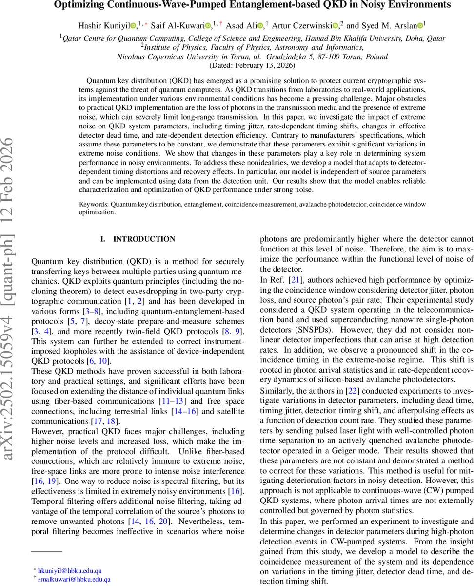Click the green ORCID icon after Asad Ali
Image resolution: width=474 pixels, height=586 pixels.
click(260, 24)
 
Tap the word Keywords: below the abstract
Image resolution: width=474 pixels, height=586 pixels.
click(94, 204)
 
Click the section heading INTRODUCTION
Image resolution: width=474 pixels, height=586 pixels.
click(144, 239)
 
